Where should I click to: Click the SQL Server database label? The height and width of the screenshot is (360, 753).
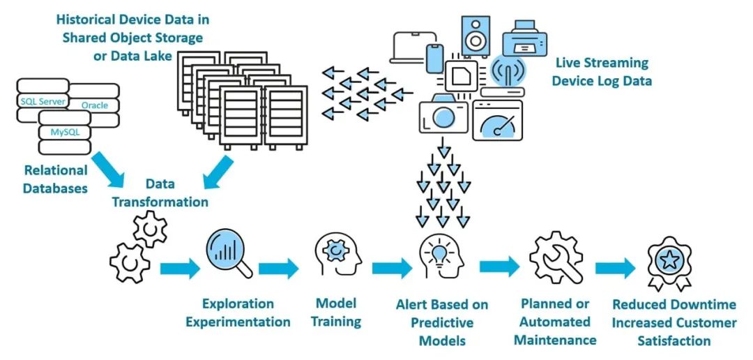pos(43,102)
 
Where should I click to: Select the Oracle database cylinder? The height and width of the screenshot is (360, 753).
pos(94,105)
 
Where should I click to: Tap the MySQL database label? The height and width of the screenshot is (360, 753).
pos(64,131)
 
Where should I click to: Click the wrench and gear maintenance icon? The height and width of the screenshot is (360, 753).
pos(556,258)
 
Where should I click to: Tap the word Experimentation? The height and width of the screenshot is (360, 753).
pos(238,322)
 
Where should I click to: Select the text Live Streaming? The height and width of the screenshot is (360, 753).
pos(602,63)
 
